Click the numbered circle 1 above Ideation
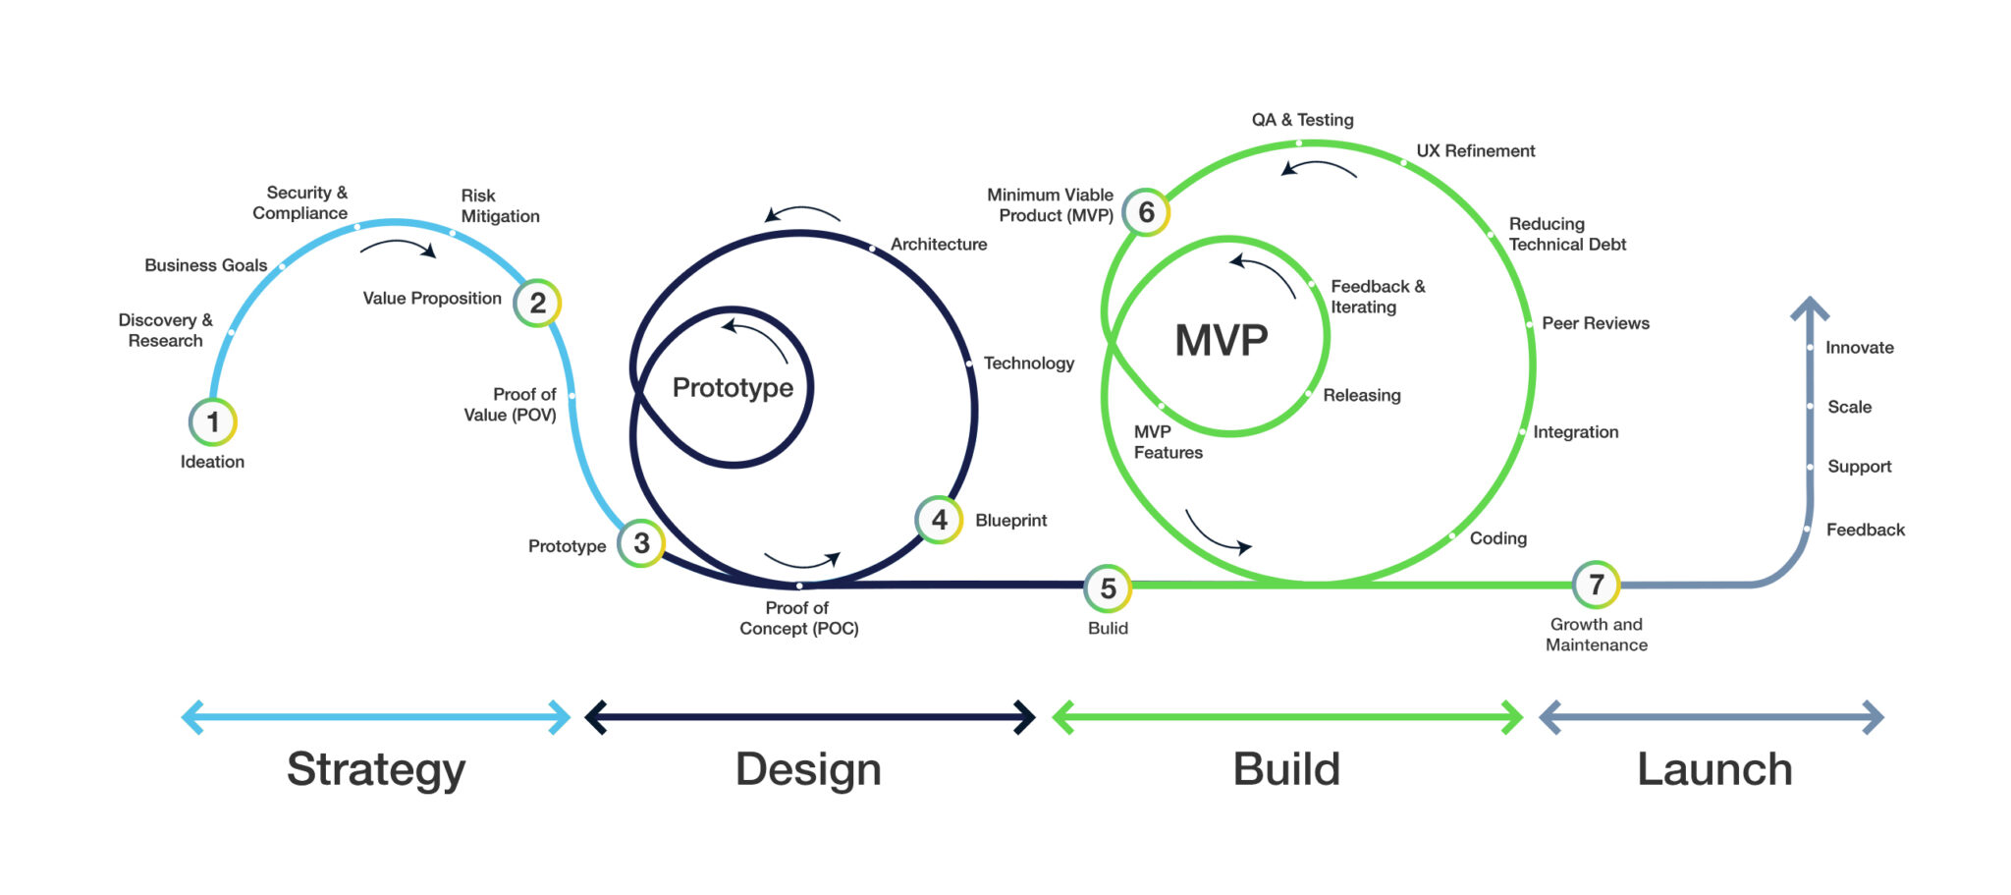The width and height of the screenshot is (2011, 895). click(212, 422)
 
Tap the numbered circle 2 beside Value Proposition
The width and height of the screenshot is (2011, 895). click(537, 303)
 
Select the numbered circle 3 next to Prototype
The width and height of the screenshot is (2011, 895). click(641, 543)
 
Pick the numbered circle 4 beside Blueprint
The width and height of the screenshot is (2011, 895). click(939, 520)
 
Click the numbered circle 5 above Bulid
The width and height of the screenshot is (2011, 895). click(1108, 588)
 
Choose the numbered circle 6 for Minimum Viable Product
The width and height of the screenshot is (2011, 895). click(1146, 212)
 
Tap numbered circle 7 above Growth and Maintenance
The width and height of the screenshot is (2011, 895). click(1596, 585)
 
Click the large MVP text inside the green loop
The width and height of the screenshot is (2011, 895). click(1222, 341)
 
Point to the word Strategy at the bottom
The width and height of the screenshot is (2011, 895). click(376, 768)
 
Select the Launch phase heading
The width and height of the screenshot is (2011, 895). click(1714, 768)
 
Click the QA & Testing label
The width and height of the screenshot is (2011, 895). click(1302, 120)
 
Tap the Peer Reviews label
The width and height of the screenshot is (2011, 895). click(1595, 323)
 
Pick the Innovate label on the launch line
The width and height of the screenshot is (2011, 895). click(1859, 348)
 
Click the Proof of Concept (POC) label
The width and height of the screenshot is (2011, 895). click(798, 618)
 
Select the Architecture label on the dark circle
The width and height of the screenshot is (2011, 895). click(938, 245)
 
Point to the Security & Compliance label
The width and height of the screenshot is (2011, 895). click(300, 203)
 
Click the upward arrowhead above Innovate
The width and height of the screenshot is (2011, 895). click(1810, 307)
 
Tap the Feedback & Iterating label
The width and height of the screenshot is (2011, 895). click(1377, 297)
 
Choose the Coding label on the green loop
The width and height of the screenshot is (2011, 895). click(1497, 538)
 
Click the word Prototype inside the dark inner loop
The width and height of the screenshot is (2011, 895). click(733, 388)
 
